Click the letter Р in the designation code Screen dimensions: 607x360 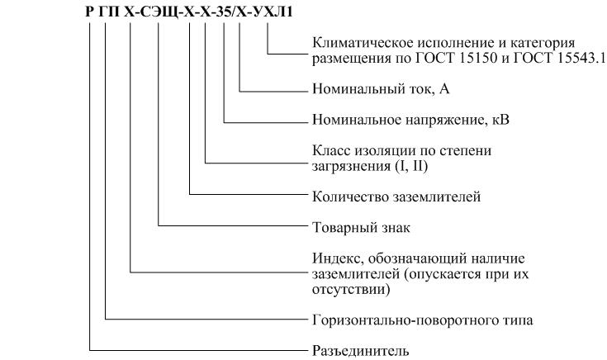coord(89,12)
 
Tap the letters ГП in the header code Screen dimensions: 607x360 coord(109,12)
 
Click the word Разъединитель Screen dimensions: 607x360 coord(360,351)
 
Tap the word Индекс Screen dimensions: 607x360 coord(338,258)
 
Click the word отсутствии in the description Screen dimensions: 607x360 coord(351,290)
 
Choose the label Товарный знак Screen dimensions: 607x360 coord(361,227)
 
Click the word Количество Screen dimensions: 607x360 coord(351,197)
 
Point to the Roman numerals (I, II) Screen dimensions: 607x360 coord(411,166)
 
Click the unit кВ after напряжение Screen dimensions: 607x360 coord(500,120)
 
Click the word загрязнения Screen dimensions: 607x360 coord(352,167)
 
